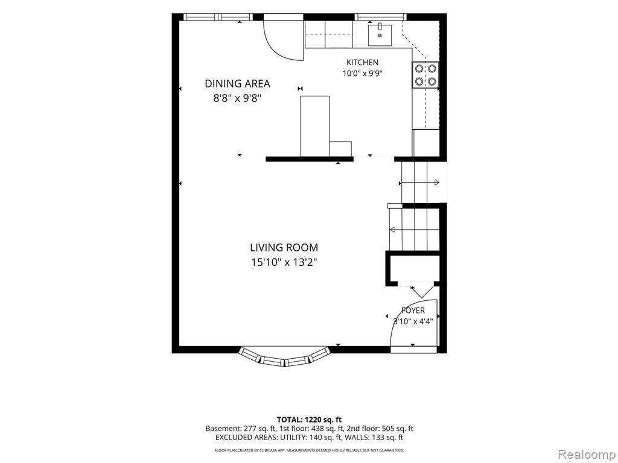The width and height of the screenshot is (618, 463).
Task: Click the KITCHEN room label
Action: [362, 62]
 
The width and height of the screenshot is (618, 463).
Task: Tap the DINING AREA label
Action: [237, 83]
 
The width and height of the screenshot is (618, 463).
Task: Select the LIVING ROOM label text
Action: [284, 248]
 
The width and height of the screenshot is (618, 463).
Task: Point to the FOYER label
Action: [413, 310]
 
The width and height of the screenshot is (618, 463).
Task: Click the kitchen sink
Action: [380, 35]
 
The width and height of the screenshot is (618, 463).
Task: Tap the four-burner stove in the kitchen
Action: [425, 75]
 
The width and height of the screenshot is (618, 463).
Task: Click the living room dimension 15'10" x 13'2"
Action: [284, 262]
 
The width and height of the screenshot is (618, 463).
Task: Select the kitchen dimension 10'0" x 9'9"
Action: [363, 73]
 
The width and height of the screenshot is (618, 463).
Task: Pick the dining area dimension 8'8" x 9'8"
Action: [238, 98]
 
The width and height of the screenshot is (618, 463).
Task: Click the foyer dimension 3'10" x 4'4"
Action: [413, 321]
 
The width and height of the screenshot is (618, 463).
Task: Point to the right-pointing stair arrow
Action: [419, 183]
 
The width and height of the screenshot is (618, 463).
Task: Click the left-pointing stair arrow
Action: [414, 230]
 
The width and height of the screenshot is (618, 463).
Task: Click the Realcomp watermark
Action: [587, 454]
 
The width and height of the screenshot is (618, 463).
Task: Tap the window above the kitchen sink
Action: [380, 17]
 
